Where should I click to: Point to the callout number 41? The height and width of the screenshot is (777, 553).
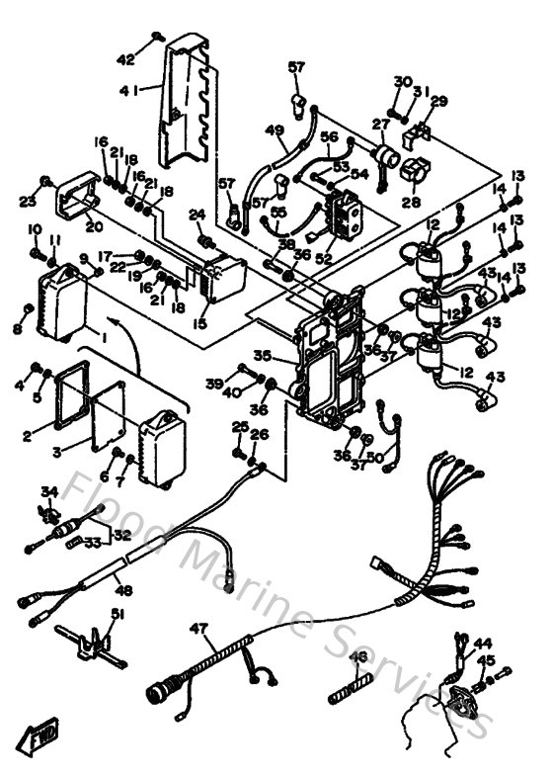click(x=127, y=90)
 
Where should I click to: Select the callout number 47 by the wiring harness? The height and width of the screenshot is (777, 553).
click(x=200, y=627)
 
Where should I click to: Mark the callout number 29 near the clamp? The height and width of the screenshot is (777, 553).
click(x=438, y=101)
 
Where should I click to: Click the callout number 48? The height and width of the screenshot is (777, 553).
click(x=122, y=591)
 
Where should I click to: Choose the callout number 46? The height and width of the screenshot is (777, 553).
click(x=358, y=655)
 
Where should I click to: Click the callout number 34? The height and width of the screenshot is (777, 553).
click(x=49, y=491)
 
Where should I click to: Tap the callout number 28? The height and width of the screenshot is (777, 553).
click(x=410, y=201)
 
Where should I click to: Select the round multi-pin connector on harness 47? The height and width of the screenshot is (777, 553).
click(x=158, y=691)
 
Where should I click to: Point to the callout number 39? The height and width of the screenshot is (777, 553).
click(x=214, y=382)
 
